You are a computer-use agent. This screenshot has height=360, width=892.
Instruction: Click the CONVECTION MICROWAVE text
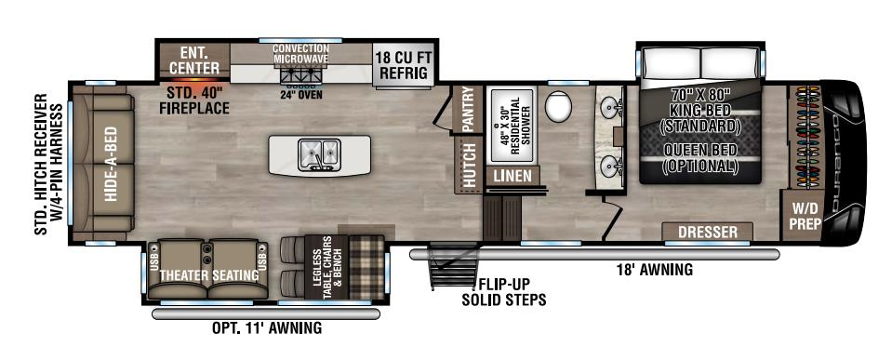pyautogui.click(x=300, y=53)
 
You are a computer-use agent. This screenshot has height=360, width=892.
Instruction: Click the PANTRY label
pyautogui.click(x=468, y=110)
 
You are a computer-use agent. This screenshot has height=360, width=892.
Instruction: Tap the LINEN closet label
pyautogui.click(x=513, y=175)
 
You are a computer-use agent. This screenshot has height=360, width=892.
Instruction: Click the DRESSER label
pyautogui.click(x=707, y=232)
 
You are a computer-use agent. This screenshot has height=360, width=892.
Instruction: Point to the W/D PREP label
pyautogui.click(x=803, y=216)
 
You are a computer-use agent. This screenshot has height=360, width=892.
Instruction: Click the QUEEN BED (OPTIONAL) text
pyautogui.click(x=700, y=157)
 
